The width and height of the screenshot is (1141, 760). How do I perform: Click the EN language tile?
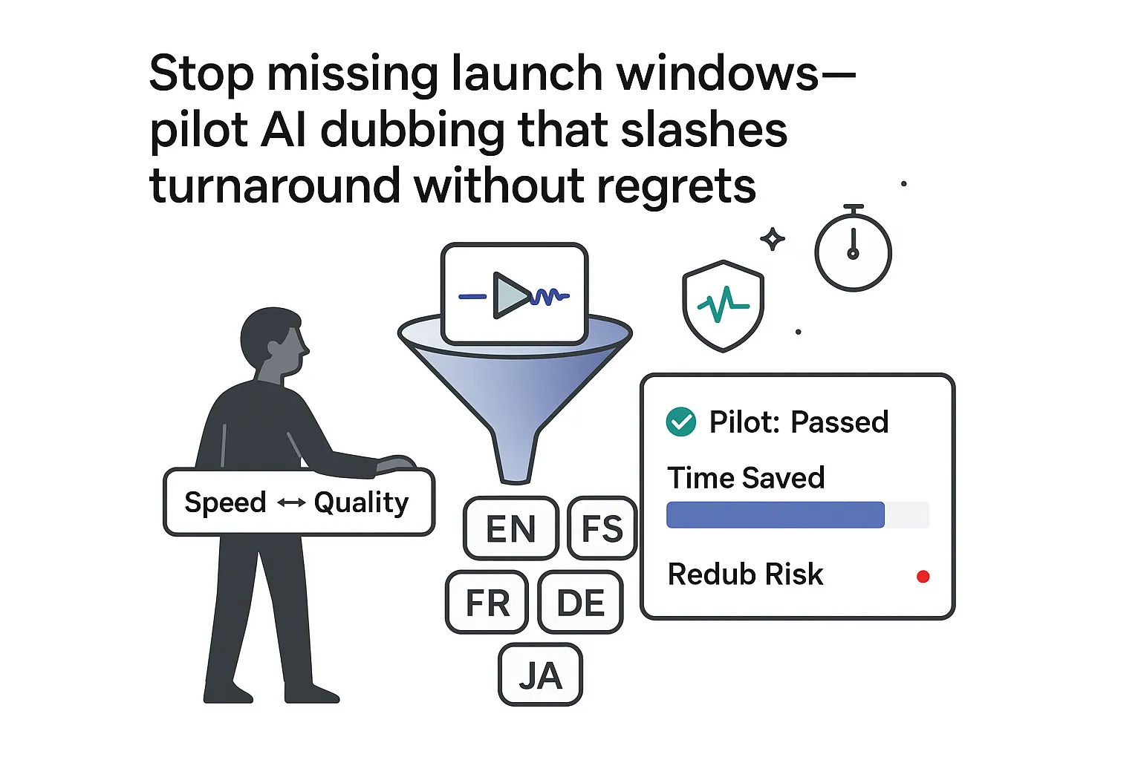[510, 528]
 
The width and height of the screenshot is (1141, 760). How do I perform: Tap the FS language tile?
[602, 528]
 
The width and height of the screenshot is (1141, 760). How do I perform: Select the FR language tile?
[487, 602]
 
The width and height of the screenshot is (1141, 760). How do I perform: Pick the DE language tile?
[580, 602]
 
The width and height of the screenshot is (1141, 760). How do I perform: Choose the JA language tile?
[540, 675]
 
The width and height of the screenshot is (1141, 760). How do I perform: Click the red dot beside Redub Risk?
[923, 577]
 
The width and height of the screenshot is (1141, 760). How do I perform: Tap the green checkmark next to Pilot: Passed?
[680, 422]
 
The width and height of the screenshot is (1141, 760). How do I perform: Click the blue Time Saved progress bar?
[776, 515]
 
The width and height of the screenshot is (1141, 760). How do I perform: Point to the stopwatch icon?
[853, 252]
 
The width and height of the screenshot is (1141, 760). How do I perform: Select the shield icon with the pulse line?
[723, 305]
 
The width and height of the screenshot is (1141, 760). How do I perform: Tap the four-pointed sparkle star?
[773, 239]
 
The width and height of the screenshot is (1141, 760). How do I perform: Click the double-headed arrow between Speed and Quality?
[290, 503]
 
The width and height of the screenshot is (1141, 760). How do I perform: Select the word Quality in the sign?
[361, 503]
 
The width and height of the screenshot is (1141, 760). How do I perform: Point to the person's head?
[273, 341]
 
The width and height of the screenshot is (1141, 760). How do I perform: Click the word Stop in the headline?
[201, 74]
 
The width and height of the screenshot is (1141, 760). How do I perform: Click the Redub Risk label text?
[745, 574]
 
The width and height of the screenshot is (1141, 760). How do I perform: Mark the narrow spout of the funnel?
[515, 456]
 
